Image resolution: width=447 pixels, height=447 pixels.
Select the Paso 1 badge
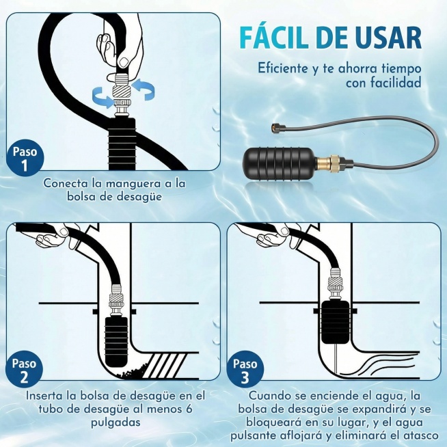pos(25,158)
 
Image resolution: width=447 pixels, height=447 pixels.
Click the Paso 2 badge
pos(25,370)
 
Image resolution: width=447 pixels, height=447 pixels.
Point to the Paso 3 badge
pos(246,370)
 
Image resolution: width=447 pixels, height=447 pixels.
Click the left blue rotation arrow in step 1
pos(103,101)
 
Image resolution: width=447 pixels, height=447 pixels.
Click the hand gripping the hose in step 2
pos(51,237)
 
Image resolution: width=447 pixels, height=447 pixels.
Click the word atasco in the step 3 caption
pos(418,434)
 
